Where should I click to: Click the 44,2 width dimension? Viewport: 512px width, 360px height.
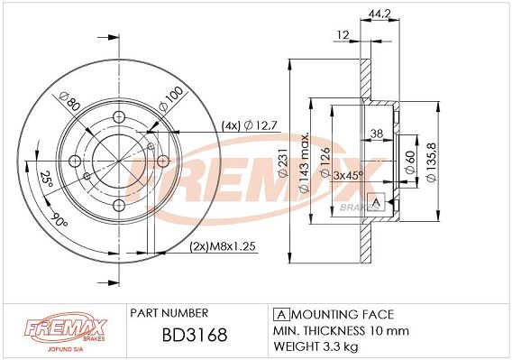pos(379,14)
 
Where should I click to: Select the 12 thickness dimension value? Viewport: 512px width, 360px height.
pos(343,34)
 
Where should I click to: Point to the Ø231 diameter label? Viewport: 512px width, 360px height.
pos(283,162)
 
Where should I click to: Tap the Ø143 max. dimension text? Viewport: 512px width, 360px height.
pos(304,162)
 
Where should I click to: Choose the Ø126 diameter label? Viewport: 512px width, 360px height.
pos(325,162)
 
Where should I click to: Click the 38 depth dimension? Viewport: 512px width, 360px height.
pos(377,133)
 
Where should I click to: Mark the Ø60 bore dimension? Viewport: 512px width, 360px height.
pos(410,162)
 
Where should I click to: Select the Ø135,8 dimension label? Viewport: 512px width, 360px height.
pos(432,162)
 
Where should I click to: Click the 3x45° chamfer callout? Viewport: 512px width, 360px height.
pos(348,176)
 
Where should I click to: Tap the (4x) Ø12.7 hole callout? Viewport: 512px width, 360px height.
pos(250,125)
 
